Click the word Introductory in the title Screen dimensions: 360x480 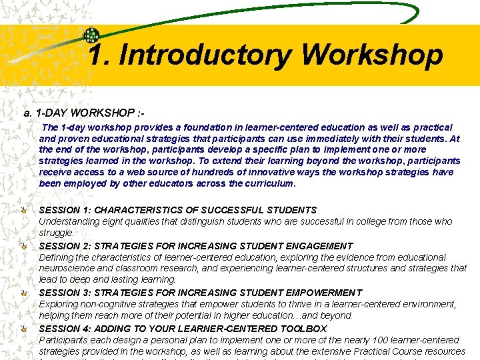click(x=204, y=55)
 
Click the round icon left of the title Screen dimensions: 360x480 click(x=91, y=36)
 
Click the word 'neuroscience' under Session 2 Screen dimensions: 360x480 click(x=65, y=268)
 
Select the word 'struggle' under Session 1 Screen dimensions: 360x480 click(x=55, y=233)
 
